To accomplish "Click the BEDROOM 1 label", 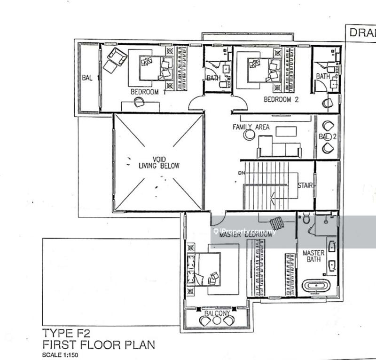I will [x=145, y=92].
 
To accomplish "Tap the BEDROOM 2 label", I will [x=281, y=99].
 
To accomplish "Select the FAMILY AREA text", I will [x=251, y=127].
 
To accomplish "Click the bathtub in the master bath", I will [x=317, y=286].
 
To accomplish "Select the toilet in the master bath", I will [x=306, y=220].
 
